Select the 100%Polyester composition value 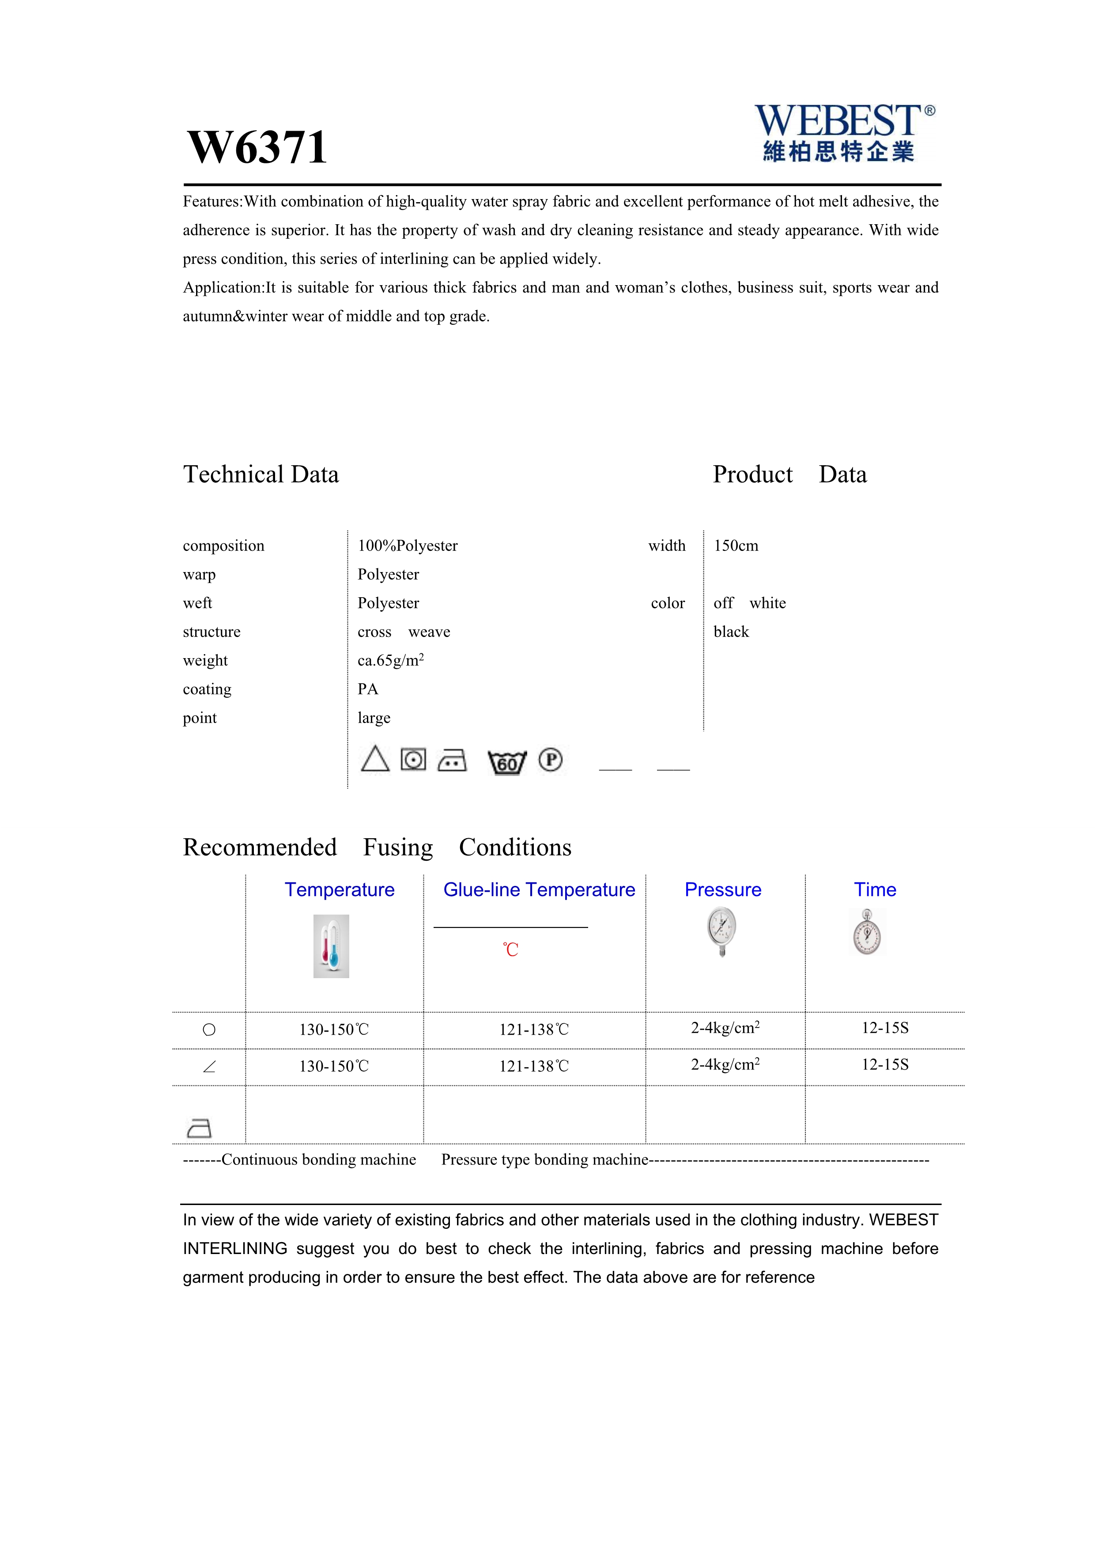[407, 546]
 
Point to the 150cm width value [736, 546]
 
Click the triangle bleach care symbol [375, 759]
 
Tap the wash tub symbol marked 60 [506, 762]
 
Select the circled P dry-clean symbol [550, 760]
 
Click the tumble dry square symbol [413, 760]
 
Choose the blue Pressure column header [723, 889]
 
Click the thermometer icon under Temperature [331, 946]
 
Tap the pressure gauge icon [721, 932]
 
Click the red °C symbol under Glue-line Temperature [510, 949]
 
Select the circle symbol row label [209, 1029]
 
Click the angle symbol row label [209, 1066]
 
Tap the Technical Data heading [261, 475]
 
